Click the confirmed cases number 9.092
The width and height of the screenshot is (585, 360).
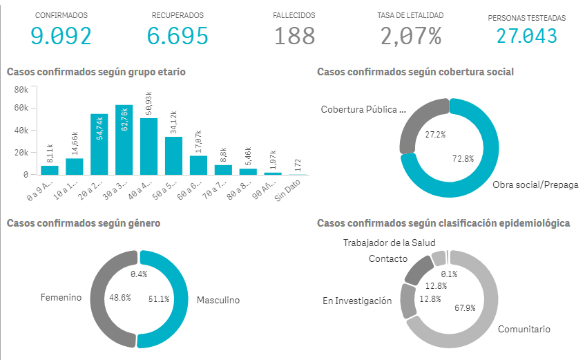click(x=61, y=35)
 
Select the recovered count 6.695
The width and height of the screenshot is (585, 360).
click(x=178, y=35)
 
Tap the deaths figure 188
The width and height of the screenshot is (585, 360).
click(x=294, y=35)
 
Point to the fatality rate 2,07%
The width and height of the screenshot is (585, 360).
click(x=410, y=35)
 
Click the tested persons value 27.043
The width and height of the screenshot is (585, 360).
click(x=526, y=35)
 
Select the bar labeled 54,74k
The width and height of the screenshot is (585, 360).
click(x=99, y=144)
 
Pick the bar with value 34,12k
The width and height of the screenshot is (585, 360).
click(x=174, y=155)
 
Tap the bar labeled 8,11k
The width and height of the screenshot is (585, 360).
click(x=50, y=170)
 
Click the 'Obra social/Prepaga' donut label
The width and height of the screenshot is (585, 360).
click(x=535, y=185)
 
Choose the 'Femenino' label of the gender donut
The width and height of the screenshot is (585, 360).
click(x=61, y=298)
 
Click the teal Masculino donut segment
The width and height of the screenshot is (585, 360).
click(x=180, y=299)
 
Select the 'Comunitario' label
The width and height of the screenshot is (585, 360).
click(x=524, y=330)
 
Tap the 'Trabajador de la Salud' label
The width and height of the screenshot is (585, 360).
click(x=389, y=243)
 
